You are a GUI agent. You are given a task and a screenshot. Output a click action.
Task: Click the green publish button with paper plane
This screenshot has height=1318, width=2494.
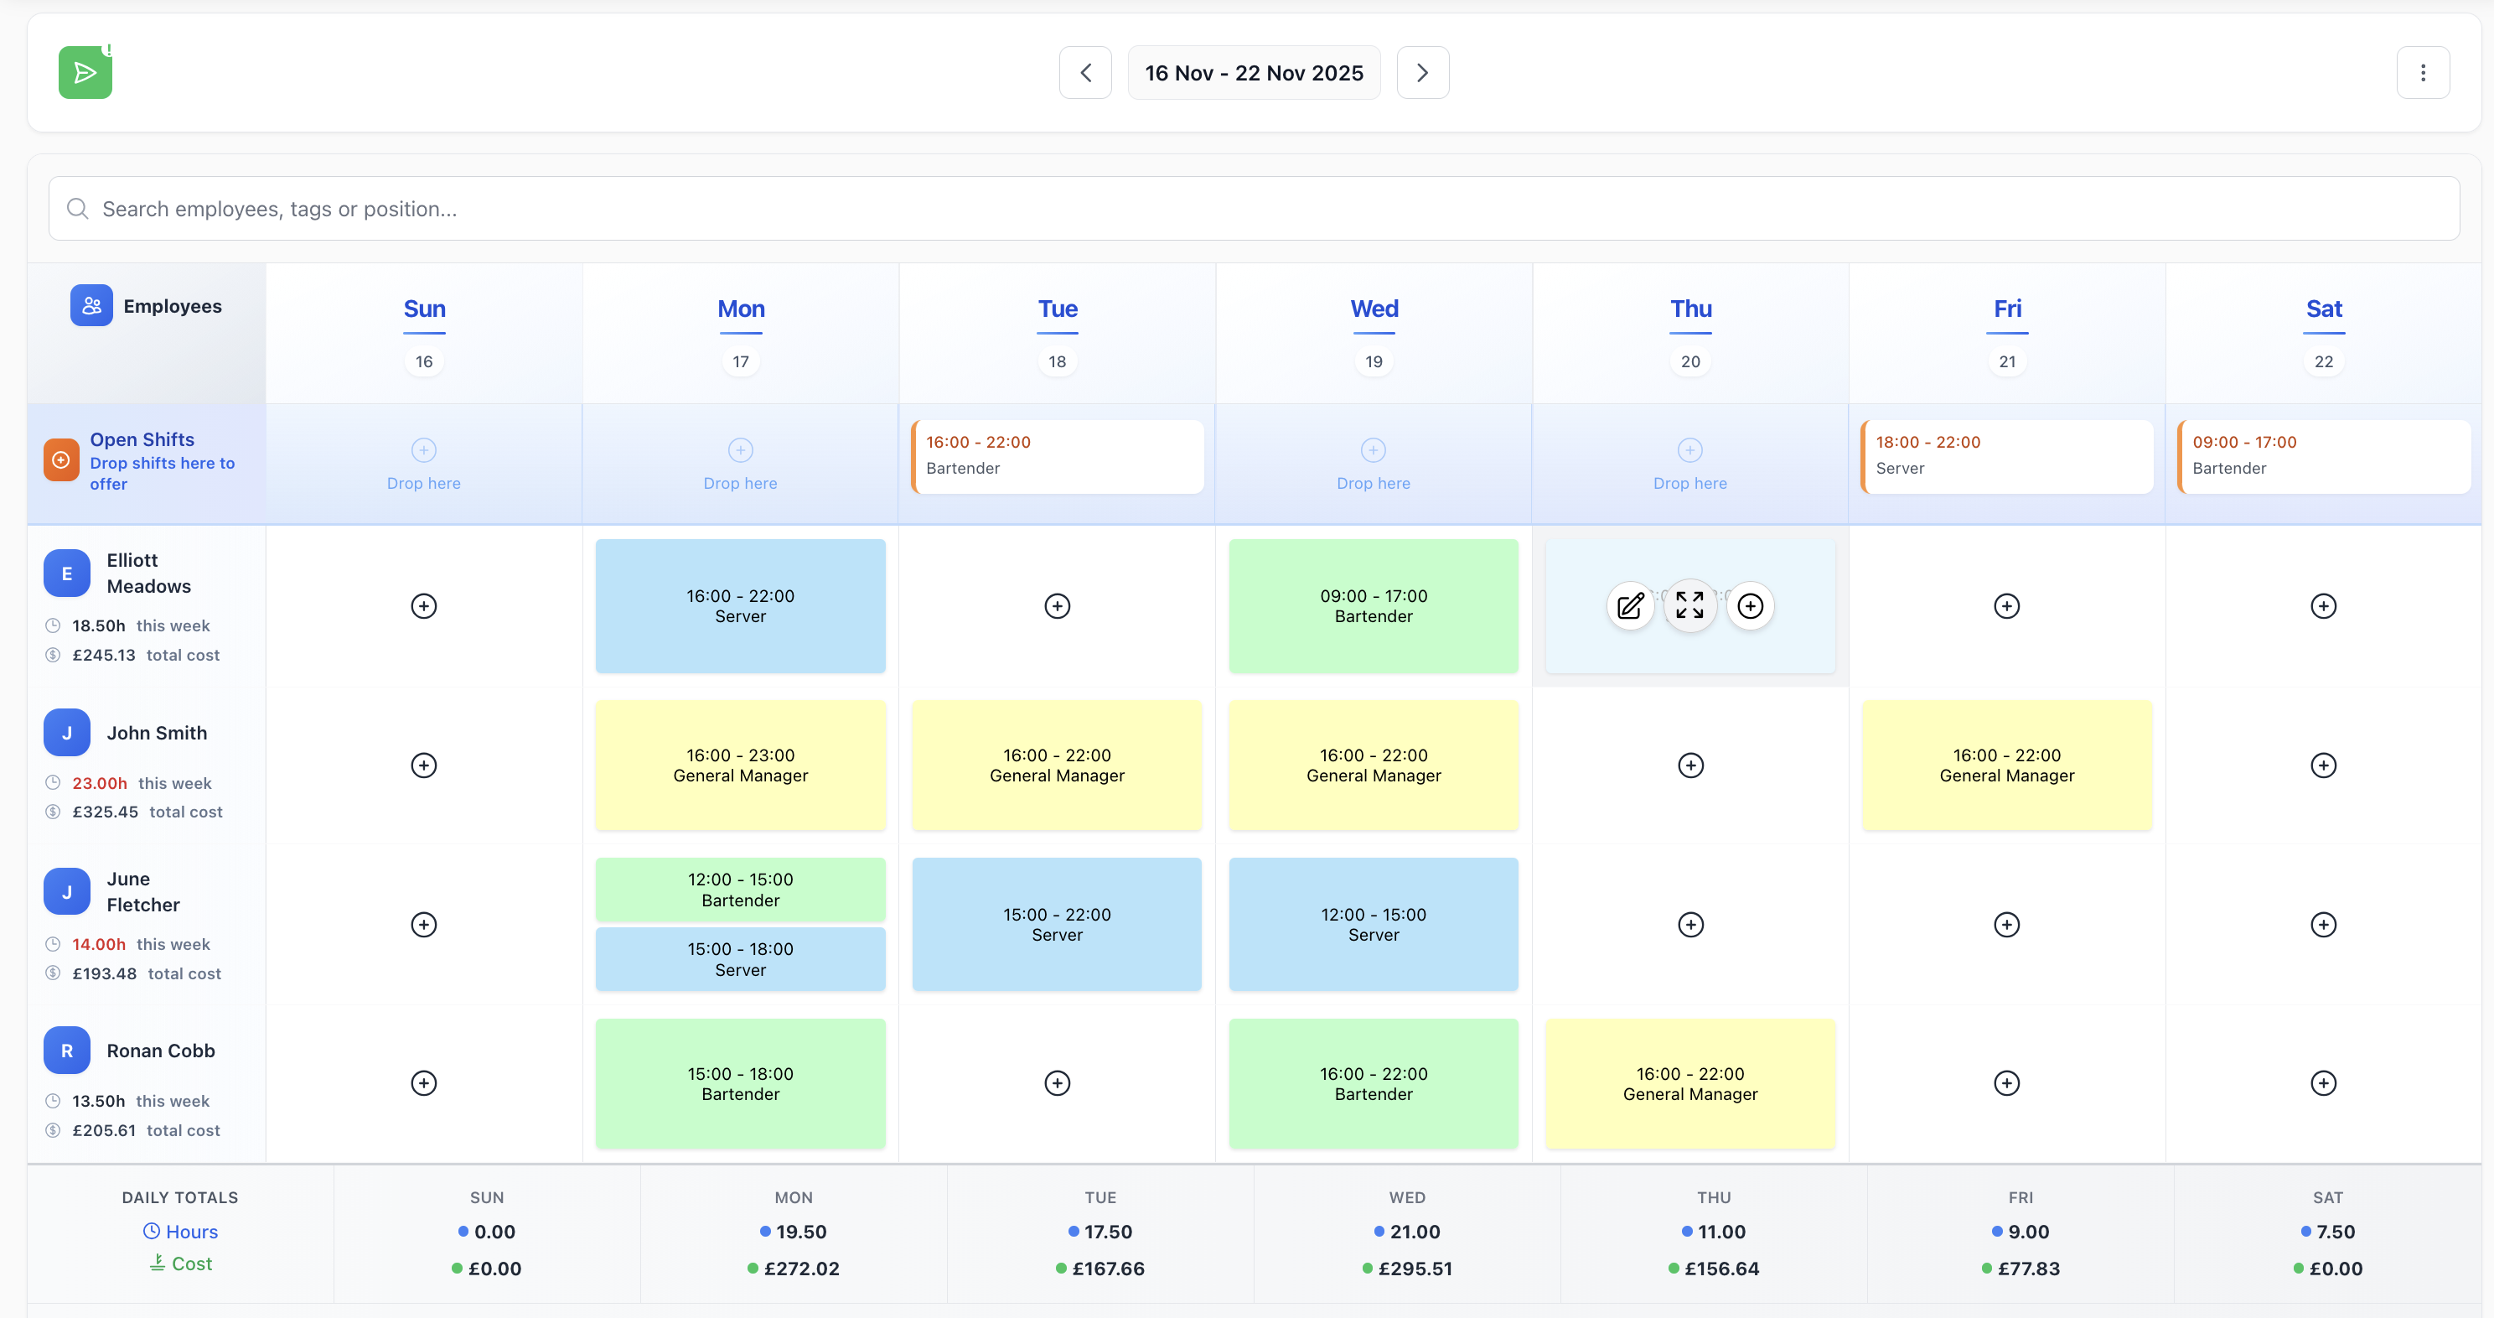point(85,73)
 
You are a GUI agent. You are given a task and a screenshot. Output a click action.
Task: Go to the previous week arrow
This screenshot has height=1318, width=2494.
point(1085,73)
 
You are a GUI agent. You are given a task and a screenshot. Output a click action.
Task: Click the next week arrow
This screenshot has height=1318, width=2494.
point(1422,73)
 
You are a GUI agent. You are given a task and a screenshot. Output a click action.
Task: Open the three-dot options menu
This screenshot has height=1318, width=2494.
point(2423,73)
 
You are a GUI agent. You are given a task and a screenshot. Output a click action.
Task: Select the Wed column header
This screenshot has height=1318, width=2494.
point(1374,309)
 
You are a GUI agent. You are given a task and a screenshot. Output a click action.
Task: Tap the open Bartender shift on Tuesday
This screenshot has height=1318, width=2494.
point(1058,456)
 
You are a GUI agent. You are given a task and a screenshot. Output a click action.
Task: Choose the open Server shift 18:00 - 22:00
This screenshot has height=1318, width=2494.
point(2007,456)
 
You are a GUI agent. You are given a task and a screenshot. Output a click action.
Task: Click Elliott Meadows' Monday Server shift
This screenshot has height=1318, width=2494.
point(740,606)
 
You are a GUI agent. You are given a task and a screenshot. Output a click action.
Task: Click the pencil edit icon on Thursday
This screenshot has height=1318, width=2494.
point(1630,606)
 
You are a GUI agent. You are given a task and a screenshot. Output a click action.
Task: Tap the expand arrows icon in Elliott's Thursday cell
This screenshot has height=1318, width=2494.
point(1689,606)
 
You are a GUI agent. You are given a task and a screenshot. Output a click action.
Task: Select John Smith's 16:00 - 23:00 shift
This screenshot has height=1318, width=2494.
point(740,765)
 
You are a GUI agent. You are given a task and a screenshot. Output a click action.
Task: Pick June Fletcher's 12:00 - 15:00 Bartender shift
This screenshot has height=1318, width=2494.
point(740,889)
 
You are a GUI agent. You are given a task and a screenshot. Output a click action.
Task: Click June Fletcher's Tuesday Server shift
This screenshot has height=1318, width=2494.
point(1058,924)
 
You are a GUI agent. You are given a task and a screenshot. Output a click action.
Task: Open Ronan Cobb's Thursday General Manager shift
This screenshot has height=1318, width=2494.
point(1689,1083)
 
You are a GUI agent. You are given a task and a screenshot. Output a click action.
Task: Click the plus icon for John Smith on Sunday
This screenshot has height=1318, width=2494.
point(424,765)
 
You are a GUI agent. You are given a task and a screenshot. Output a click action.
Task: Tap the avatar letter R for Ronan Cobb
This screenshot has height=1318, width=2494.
point(67,1051)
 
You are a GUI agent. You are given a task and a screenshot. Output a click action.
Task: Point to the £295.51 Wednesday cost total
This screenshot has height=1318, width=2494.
point(1414,1269)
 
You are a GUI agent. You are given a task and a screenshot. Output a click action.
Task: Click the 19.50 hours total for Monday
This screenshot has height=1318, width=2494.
point(800,1232)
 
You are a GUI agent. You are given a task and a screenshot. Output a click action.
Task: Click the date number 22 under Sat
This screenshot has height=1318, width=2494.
point(2324,361)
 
